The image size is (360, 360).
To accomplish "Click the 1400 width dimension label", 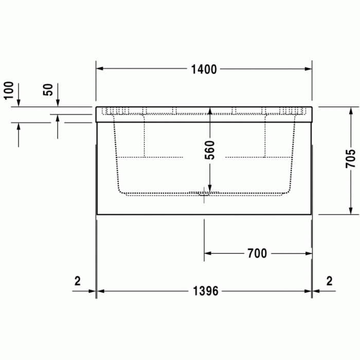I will (205, 69).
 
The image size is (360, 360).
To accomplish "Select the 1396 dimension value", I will (206, 291).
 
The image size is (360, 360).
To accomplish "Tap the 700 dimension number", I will (257, 253).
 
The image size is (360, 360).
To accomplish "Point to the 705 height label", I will (351, 160).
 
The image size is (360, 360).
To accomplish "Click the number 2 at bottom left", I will (78, 281).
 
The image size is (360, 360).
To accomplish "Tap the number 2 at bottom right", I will (329, 281).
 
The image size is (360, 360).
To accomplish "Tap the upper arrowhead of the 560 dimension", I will (210, 111).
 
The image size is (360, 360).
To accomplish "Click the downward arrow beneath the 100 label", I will (19, 103).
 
